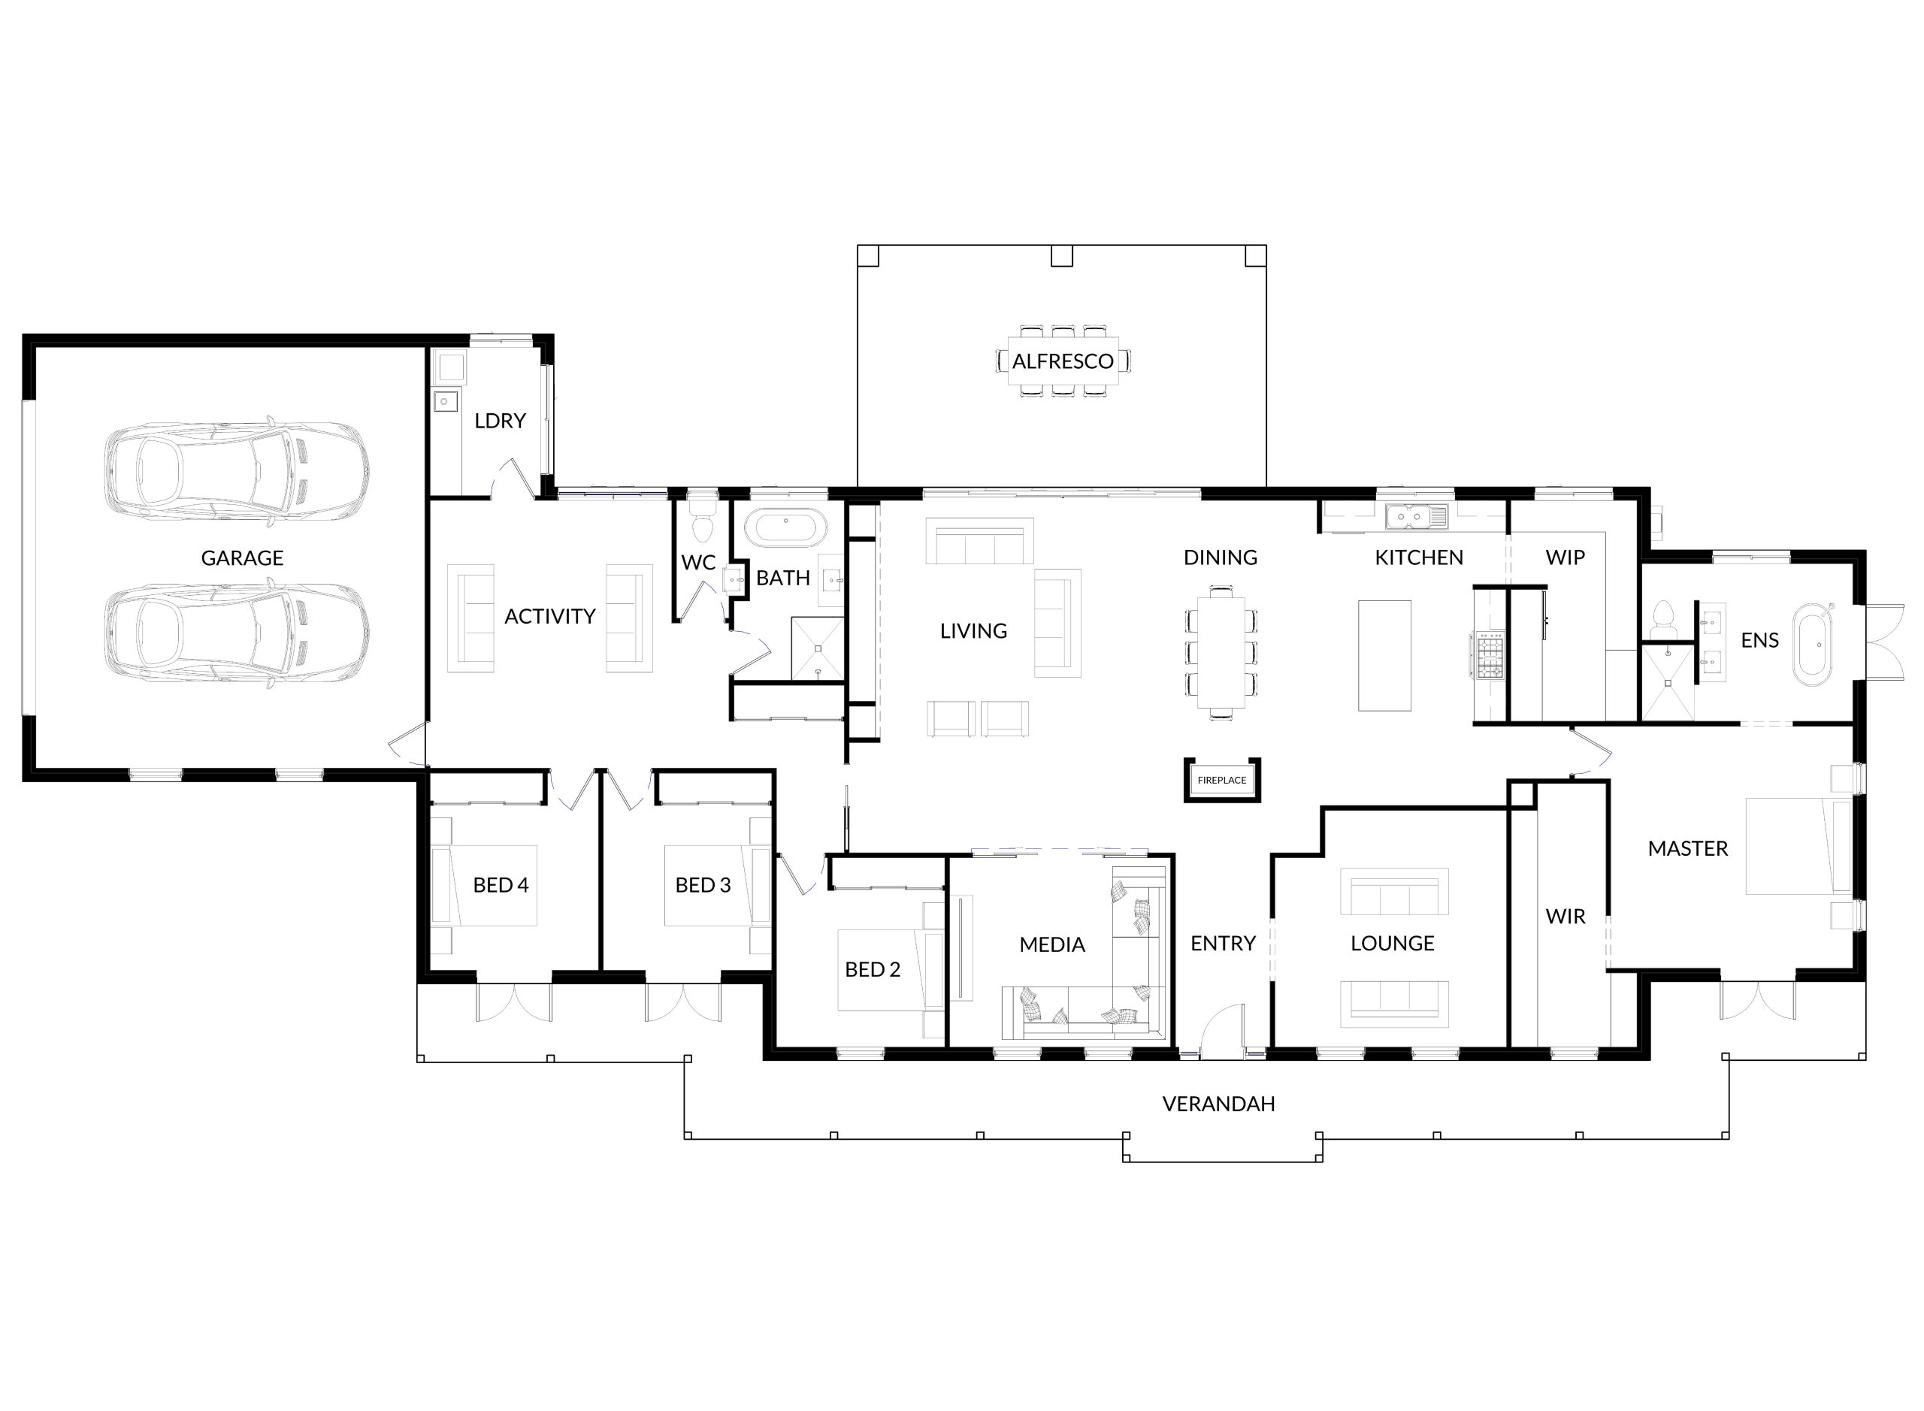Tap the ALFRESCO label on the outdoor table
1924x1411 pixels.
tap(1063, 361)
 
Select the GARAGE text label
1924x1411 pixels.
tap(242, 557)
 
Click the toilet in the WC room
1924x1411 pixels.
tap(702, 518)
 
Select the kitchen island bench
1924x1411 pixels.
tap(1384, 655)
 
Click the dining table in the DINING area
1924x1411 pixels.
tap(1221, 651)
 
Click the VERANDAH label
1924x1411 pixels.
tap(1218, 1104)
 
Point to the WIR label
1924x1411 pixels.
tap(1566, 917)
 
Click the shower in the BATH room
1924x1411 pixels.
tap(818, 648)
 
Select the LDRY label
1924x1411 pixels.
tap(500, 420)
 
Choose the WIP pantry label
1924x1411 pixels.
tap(1566, 557)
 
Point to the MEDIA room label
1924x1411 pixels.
tap(1051, 944)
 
